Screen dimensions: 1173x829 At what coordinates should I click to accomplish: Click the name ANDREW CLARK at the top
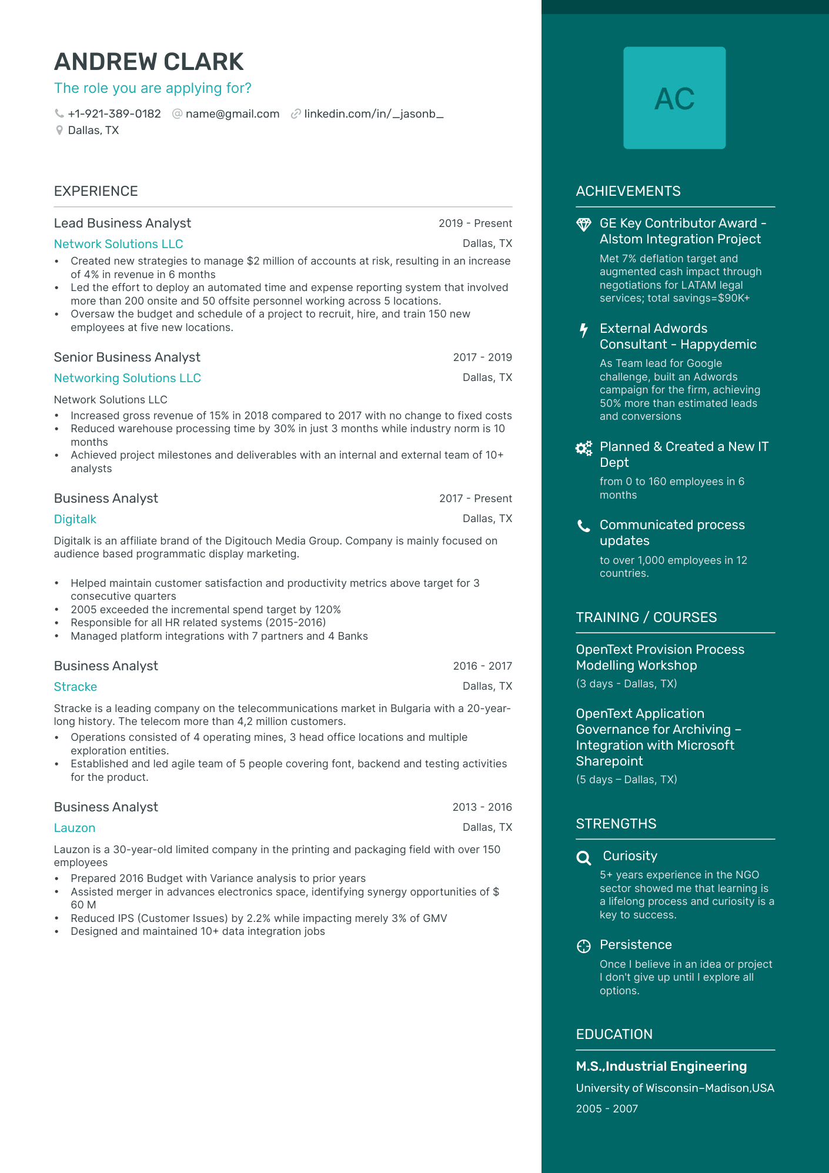tap(149, 62)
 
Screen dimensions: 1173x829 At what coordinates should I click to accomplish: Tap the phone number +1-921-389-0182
tap(114, 114)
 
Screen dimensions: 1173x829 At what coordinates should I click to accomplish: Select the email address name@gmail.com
tap(232, 114)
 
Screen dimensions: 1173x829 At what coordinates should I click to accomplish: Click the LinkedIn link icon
tap(296, 114)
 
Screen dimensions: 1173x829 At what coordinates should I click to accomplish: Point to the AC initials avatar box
tap(674, 98)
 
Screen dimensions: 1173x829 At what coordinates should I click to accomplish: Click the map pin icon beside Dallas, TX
tap(59, 131)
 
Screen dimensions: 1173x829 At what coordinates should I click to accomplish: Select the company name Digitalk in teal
tap(75, 519)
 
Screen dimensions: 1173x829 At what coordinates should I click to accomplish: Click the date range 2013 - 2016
tap(482, 807)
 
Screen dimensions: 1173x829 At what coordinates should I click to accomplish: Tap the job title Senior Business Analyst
tap(127, 357)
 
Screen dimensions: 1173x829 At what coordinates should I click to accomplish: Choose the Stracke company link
tap(75, 687)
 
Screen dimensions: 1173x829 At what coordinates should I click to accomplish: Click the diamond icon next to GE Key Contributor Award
tap(583, 225)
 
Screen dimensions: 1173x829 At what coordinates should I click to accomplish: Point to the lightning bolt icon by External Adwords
tap(583, 330)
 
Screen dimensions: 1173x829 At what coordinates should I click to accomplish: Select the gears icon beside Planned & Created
tap(583, 449)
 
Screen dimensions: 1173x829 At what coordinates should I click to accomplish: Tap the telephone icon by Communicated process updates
tap(583, 526)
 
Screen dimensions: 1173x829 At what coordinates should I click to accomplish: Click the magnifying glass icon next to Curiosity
tap(583, 858)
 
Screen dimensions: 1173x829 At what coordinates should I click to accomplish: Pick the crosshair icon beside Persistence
tap(583, 946)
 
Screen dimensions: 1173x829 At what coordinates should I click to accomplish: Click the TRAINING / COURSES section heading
tap(646, 617)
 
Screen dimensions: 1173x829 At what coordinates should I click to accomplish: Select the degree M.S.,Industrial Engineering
tap(661, 1067)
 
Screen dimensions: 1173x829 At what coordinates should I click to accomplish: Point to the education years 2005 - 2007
tap(607, 1109)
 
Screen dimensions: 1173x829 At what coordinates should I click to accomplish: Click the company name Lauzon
tap(75, 828)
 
